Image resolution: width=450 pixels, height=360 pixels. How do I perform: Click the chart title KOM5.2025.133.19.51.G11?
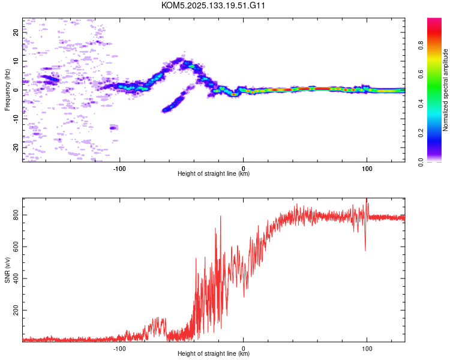213,5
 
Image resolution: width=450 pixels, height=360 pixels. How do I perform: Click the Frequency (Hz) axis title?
7,90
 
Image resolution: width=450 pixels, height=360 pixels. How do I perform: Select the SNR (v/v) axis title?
7,270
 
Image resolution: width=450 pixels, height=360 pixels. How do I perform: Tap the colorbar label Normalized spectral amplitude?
445,90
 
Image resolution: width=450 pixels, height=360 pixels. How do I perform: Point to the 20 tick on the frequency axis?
16,32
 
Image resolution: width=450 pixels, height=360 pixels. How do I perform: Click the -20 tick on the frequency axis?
16,148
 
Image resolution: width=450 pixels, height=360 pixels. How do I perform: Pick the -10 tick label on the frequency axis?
16,119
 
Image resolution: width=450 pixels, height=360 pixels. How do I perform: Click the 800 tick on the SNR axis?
16,215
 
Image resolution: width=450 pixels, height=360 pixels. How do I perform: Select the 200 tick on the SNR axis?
16,310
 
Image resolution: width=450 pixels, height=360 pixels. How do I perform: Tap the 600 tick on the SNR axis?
16,247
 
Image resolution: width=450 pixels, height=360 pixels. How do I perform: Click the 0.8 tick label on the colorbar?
421,46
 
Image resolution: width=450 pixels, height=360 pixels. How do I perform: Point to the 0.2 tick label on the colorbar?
421,133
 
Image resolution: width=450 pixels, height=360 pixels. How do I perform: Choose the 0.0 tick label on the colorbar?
421,162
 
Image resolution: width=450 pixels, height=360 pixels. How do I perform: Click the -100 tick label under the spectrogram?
119,169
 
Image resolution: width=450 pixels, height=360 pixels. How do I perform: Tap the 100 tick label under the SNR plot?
367,349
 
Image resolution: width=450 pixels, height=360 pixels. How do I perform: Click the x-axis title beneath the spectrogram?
214,173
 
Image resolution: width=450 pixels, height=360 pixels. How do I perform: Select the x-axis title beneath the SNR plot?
214,353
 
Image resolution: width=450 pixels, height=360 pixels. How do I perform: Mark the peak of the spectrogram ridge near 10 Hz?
180,59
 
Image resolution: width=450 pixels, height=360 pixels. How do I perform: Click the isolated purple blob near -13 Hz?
113,128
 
